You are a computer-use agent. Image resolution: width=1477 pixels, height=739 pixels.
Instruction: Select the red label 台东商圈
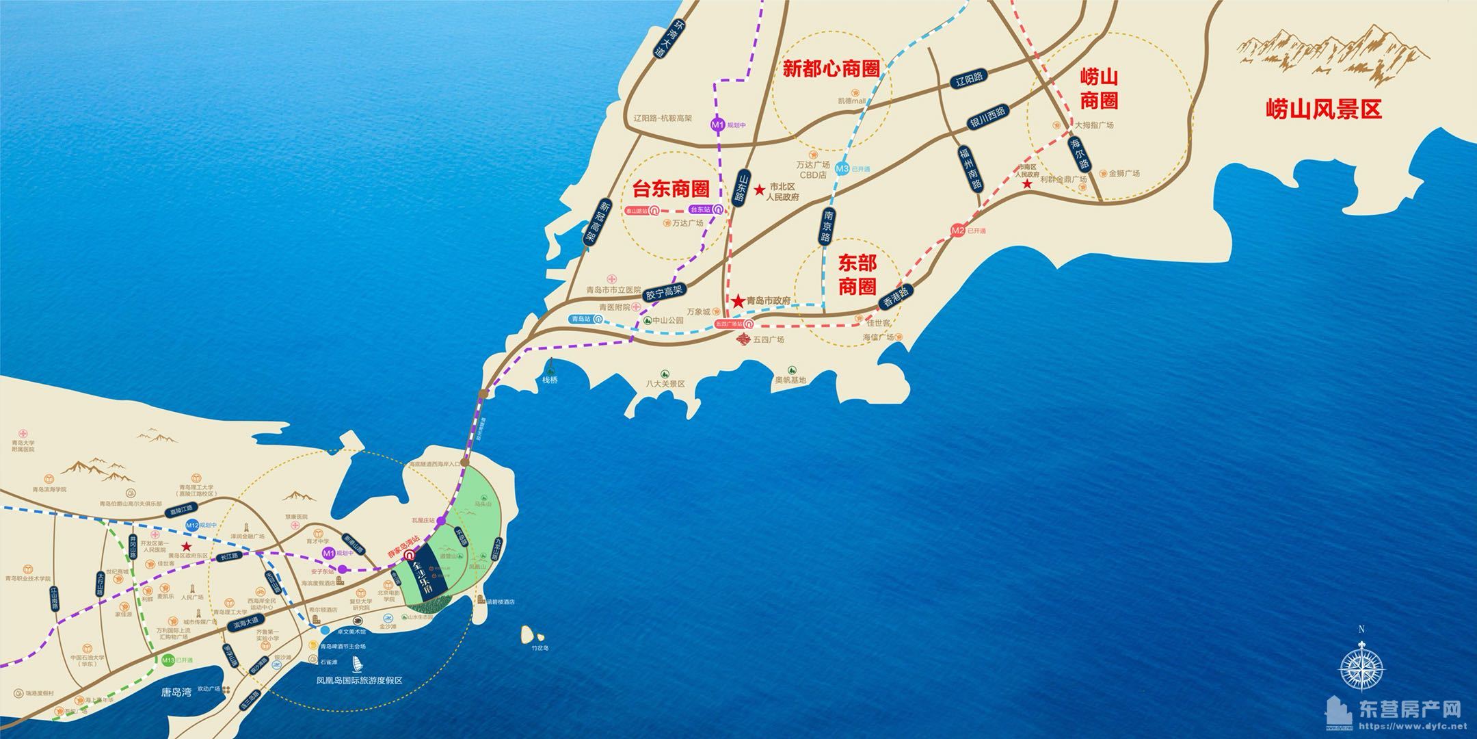coord(670,188)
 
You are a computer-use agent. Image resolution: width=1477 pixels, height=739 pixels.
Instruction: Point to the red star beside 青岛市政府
coord(738,301)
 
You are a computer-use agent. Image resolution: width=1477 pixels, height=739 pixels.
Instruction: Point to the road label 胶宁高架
coord(664,294)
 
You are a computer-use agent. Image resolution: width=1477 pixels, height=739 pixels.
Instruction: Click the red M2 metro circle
coord(958,231)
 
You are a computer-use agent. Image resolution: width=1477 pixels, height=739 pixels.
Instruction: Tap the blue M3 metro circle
coord(842,168)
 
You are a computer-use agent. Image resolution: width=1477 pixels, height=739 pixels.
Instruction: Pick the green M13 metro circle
coord(168,660)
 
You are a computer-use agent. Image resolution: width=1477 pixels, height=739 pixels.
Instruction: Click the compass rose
coord(1361,667)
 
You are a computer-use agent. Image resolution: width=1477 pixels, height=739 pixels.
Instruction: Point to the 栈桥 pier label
coord(550,380)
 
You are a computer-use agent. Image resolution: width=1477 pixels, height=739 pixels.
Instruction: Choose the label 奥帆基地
coord(790,380)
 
